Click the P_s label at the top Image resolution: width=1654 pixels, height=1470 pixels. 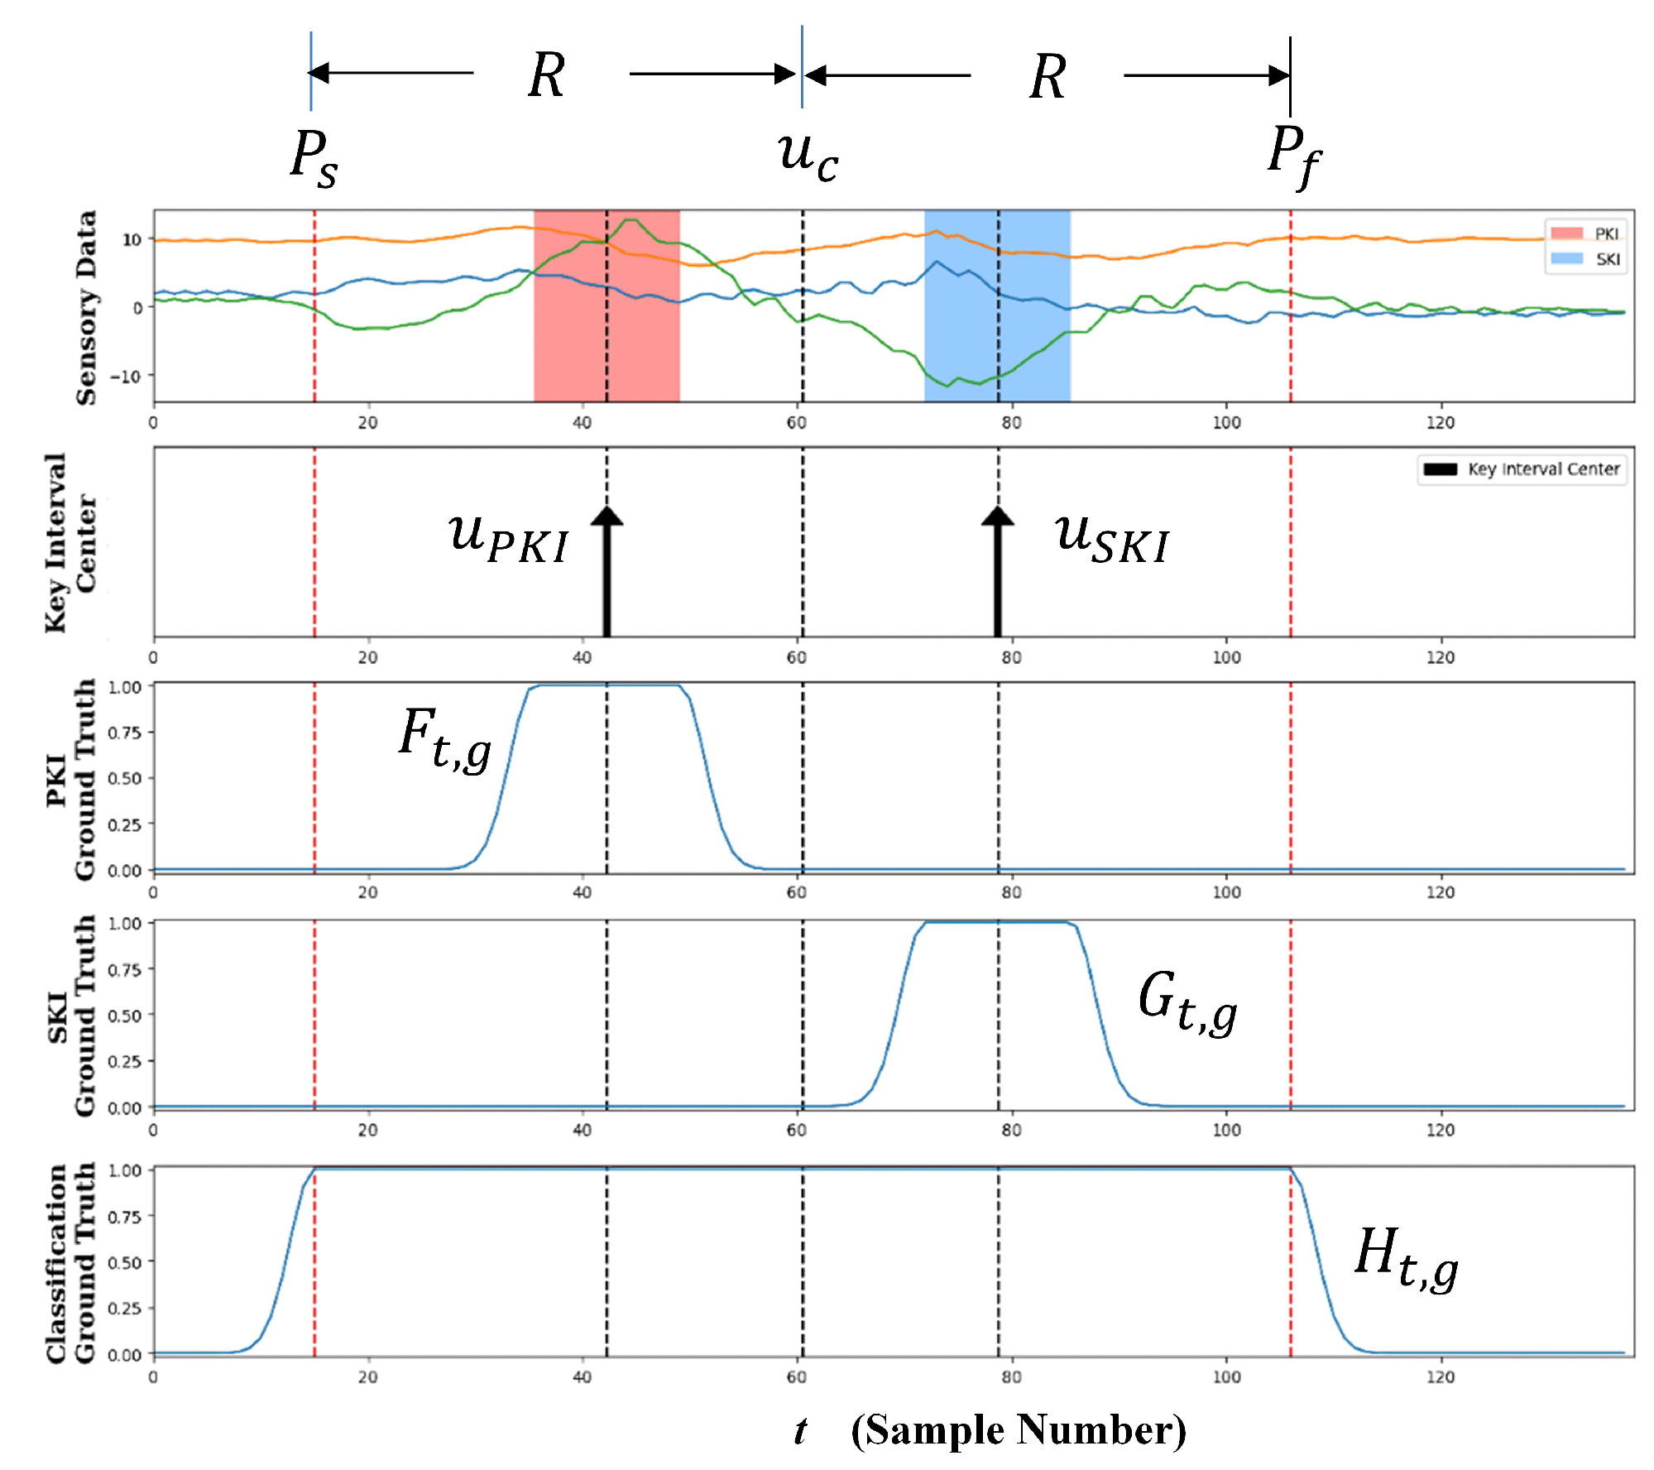314,157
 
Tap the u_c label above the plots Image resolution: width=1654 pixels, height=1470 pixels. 808,155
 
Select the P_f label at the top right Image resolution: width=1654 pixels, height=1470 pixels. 1293,155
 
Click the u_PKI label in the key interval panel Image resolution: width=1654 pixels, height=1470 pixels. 508,538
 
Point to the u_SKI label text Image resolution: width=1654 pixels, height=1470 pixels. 1111,538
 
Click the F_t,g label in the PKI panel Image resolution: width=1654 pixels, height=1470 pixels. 445,739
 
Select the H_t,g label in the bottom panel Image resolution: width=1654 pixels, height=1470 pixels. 1405,1258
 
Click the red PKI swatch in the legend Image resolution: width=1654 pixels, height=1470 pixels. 1566,233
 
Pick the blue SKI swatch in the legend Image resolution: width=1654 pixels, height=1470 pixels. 1566,259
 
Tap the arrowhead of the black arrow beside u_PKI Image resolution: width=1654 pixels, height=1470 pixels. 606,516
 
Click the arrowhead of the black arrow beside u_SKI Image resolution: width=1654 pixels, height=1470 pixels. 998,516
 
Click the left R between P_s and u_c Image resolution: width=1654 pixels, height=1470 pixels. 547,75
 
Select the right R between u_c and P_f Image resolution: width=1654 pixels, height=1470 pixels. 1048,77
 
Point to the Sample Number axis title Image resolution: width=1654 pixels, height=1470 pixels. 1018,1430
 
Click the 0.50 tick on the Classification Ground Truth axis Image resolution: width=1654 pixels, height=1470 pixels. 125,1262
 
